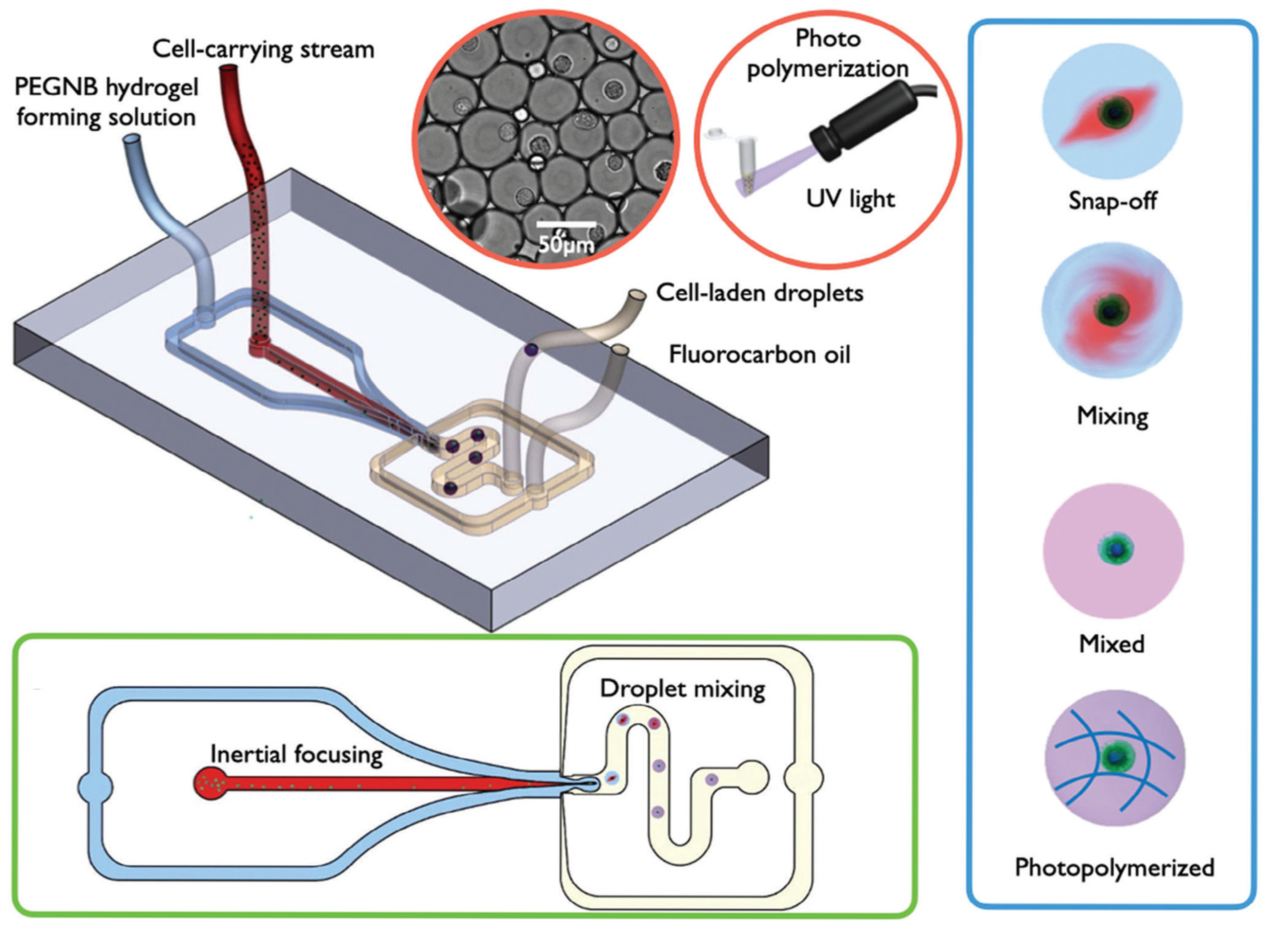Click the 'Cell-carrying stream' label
[x=263, y=49]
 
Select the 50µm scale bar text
[x=565, y=245]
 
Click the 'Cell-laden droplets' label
[x=760, y=293]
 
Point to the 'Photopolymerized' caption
[x=1114, y=867]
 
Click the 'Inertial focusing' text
[x=296, y=754]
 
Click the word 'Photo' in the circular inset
[x=828, y=38]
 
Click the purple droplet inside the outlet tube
[x=531, y=350]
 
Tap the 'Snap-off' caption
[x=1112, y=200]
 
